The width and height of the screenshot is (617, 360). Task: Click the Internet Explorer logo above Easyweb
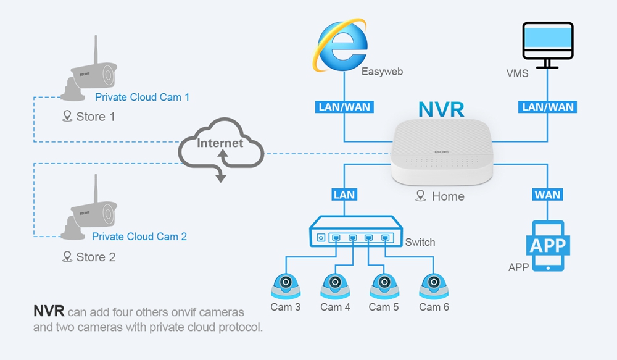[341, 45]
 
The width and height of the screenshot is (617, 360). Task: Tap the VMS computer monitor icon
[547, 45]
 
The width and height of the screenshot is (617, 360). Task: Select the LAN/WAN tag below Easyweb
[344, 107]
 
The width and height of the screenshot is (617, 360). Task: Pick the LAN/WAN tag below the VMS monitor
[547, 107]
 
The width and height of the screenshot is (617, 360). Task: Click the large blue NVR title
[441, 109]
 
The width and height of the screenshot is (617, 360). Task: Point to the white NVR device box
[442, 153]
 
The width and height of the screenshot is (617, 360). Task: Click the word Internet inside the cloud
[220, 143]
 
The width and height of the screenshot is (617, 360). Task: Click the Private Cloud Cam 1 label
[142, 98]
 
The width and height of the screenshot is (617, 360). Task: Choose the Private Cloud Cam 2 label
[139, 237]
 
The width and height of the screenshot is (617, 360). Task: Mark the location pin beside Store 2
[67, 257]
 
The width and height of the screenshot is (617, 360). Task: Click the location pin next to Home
[421, 196]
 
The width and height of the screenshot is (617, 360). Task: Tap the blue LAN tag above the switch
[344, 195]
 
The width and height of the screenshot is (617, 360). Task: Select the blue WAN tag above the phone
[547, 195]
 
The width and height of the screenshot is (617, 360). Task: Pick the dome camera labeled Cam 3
[286, 287]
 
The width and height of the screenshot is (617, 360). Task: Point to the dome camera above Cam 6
[434, 287]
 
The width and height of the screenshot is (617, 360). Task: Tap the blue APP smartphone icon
[548, 246]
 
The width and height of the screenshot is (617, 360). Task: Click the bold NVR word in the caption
[49, 311]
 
